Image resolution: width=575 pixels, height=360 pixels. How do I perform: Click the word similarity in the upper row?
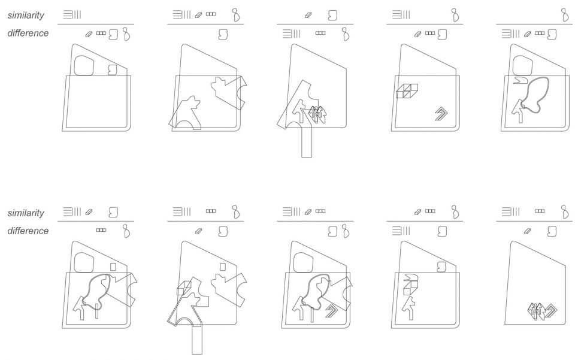[26, 15]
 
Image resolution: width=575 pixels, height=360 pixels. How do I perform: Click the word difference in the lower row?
[28, 231]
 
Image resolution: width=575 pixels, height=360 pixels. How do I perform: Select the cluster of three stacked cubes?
[407, 91]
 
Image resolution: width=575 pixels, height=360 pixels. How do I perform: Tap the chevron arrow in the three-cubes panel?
[443, 114]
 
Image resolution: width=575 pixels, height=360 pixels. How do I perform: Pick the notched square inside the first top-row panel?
[113, 70]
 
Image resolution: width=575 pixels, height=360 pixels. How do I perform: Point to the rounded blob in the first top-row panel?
[84, 66]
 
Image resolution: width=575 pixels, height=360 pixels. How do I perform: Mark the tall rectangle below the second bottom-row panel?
[197, 340]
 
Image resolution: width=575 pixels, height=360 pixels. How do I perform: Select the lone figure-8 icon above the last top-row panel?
[565, 15]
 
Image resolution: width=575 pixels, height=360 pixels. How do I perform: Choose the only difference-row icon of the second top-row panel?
[223, 35]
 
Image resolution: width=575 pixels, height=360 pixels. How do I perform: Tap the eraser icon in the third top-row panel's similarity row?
[308, 16]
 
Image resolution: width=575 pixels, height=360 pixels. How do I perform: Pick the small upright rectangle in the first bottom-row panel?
[113, 267]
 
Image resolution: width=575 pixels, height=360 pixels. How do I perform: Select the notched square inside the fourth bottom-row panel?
[441, 267]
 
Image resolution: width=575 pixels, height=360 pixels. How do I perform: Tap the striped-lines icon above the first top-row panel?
[72, 15]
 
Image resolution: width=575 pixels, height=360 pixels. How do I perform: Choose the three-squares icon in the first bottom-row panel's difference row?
[101, 230]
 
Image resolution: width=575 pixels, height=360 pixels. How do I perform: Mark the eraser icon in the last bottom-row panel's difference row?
[527, 231]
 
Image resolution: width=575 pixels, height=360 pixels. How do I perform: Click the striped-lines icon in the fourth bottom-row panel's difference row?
[401, 231]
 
